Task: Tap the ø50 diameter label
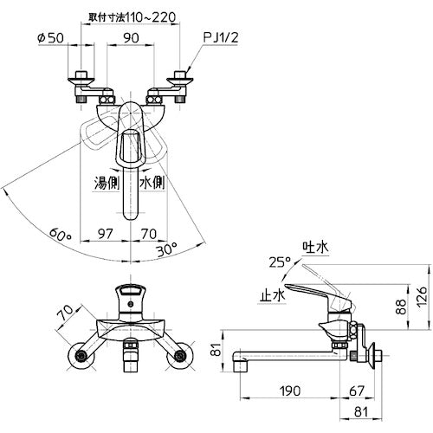click(x=50, y=38)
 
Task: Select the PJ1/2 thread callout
click(x=221, y=37)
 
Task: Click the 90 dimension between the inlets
click(x=131, y=38)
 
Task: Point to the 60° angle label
click(x=60, y=235)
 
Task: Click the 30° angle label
click(x=166, y=249)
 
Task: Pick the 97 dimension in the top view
click(x=105, y=234)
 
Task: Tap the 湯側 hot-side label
click(x=107, y=183)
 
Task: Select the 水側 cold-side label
click(x=152, y=183)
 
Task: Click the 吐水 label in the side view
click(x=315, y=247)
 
